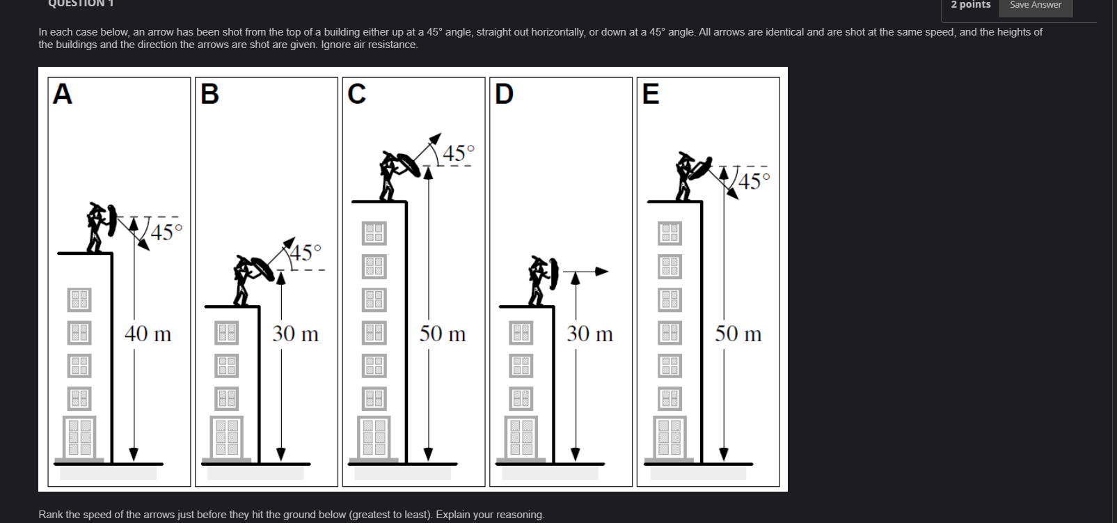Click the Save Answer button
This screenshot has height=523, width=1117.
[x=1036, y=5]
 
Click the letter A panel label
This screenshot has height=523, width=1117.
[x=63, y=93]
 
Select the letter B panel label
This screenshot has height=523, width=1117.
[x=209, y=93]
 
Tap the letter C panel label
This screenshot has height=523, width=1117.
[x=356, y=93]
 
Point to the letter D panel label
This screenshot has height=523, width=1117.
[x=504, y=93]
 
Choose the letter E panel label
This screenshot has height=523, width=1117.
[x=651, y=93]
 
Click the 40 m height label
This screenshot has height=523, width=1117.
[x=148, y=334]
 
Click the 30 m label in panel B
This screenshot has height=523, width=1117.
[x=295, y=334]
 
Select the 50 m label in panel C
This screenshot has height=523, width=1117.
[x=443, y=334]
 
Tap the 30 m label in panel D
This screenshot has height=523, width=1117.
[x=589, y=334]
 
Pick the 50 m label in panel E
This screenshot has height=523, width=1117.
[x=738, y=334]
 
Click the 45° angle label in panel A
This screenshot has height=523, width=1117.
[x=166, y=232]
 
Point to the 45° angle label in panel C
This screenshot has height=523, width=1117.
[x=459, y=153]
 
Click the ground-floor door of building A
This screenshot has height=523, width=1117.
[x=79, y=436]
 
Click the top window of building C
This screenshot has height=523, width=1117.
[x=374, y=233]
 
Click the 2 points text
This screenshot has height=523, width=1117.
[x=970, y=5]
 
